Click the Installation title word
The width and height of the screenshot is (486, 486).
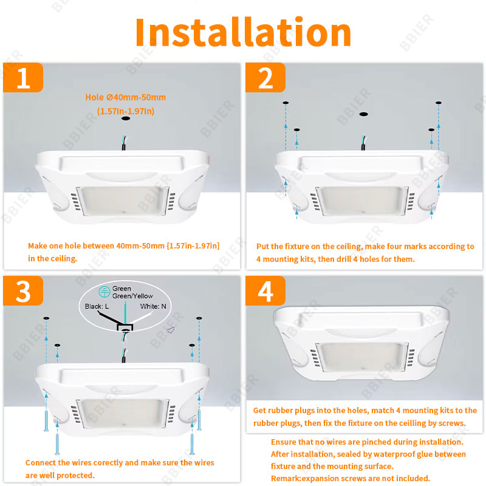tap(244, 32)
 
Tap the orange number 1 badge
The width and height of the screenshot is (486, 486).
tap(23, 78)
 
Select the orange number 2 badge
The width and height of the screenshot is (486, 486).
tap(265, 78)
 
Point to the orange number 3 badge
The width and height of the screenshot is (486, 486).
tap(23, 291)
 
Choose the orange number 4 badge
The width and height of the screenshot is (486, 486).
tap(265, 291)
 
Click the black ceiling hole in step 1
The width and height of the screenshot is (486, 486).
tap(126, 118)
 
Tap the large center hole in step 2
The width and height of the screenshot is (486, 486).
tap(363, 114)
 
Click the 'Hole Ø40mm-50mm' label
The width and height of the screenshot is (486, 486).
tap(126, 97)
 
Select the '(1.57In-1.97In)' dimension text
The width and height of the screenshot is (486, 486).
tap(126, 111)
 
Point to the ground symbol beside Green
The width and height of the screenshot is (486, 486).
tap(104, 292)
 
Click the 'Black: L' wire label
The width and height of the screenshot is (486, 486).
tap(97, 306)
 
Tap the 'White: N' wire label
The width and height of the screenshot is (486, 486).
tap(153, 306)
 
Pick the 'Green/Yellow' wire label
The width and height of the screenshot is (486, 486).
tap(132, 296)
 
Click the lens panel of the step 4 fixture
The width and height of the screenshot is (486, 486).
tap(362, 357)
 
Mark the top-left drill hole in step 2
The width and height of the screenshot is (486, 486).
tap(286, 103)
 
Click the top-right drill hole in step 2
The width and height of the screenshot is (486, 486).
tap(438, 103)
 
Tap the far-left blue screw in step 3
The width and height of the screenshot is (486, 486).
tap(46, 420)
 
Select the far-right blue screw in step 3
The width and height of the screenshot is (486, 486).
tap(199, 420)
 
